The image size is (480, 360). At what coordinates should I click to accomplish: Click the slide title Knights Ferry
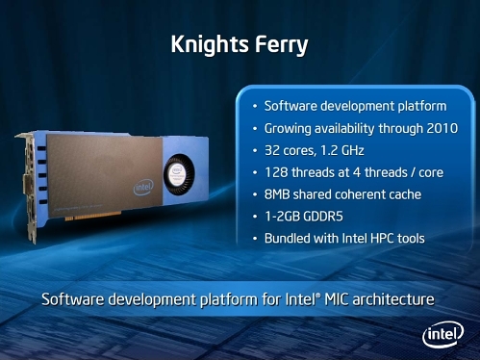coord(240,44)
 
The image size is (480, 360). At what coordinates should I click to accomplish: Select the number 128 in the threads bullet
coord(277,171)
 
